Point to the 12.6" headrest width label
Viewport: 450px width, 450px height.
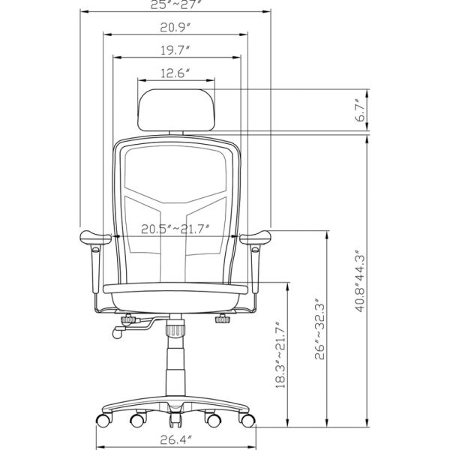[x=175, y=73]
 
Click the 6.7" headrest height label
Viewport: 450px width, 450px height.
[x=361, y=110]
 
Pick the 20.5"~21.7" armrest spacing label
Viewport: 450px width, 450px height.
[x=175, y=229]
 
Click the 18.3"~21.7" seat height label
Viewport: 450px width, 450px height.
[x=281, y=354]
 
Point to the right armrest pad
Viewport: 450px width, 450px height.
[x=256, y=238]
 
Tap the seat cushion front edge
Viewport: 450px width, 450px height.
[x=175, y=288]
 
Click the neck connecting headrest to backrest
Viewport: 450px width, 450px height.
[x=175, y=132]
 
